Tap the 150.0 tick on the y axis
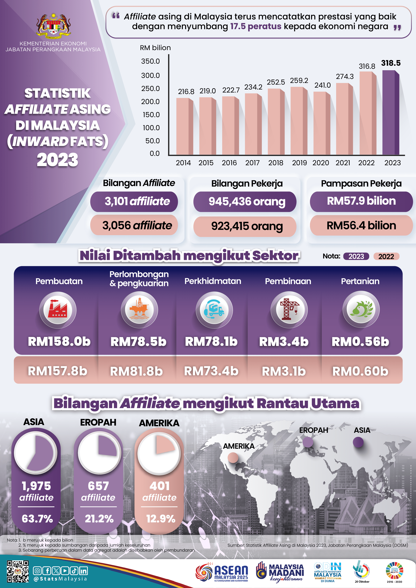[x=151, y=115]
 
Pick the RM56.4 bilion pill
[x=361, y=226]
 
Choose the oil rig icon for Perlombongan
[x=139, y=309]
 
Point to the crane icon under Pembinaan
[x=289, y=309]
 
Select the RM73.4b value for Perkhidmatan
[x=211, y=371]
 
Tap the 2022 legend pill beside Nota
[x=386, y=256]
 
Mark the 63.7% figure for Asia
[x=37, y=519]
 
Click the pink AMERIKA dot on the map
[x=233, y=457]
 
